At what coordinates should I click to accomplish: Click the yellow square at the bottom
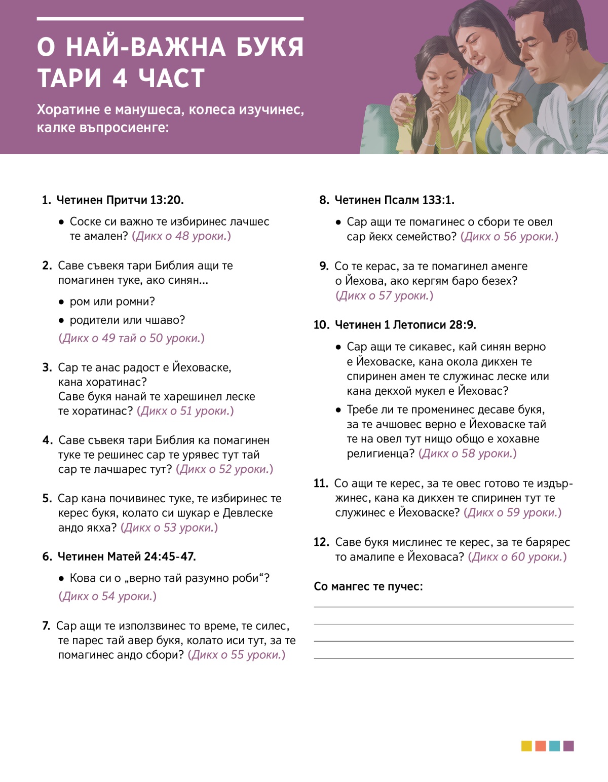(x=526, y=746)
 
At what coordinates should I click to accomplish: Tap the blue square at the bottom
(x=554, y=746)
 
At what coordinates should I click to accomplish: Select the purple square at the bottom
(x=568, y=746)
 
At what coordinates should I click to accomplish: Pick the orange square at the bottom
(x=541, y=746)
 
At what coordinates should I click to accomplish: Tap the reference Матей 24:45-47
(x=151, y=556)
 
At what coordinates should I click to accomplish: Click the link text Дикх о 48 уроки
(x=181, y=236)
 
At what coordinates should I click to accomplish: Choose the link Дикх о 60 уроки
(x=517, y=557)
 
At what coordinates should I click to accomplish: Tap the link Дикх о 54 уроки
(x=107, y=597)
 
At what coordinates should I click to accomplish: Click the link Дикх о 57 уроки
(x=385, y=295)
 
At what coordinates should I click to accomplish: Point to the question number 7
(x=46, y=626)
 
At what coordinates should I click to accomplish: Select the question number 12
(x=321, y=542)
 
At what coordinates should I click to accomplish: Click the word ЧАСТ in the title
(x=172, y=79)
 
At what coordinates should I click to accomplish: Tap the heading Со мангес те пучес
(x=368, y=586)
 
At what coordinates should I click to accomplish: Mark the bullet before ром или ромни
(x=61, y=303)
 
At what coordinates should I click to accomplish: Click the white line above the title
(x=170, y=19)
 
